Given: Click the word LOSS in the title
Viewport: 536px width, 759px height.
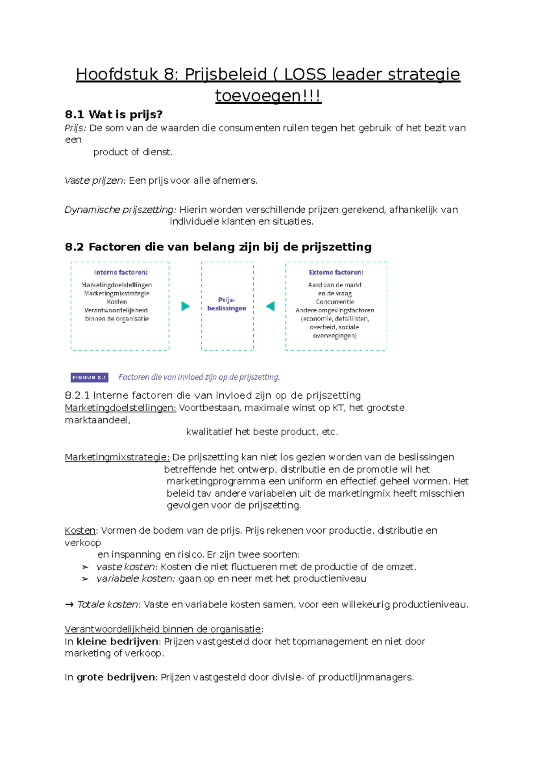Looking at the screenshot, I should [305, 74].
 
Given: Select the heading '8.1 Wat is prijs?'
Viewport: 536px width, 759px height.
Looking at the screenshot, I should [113, 114].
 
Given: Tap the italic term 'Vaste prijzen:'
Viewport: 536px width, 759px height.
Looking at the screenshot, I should [96, 181].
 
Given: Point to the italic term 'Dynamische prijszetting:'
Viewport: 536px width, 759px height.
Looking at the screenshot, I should [121, 210].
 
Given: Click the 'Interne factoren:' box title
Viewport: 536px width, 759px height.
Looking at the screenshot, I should [121, 272].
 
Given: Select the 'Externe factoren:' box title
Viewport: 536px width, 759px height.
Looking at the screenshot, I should [336, 272].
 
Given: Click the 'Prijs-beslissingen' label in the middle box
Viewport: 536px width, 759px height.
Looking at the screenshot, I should [227, 304].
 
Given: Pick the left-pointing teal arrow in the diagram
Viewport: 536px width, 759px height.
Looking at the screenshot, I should [270, 306].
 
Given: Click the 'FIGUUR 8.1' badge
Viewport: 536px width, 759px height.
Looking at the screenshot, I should [89, 377].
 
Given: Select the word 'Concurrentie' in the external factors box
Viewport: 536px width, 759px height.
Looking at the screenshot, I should [335, 302].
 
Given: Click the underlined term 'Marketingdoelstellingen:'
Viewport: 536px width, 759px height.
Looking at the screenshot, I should [121, 408].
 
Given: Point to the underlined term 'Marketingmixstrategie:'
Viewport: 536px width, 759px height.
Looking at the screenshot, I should [117, 457].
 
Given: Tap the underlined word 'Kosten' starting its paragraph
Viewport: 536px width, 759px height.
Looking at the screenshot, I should [80, 531].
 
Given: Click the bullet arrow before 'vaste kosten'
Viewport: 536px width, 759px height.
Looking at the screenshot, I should [85, 567].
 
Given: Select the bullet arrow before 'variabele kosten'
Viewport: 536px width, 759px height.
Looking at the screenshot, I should [85, 579].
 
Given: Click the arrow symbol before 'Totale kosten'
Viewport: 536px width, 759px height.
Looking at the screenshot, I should [69, 604].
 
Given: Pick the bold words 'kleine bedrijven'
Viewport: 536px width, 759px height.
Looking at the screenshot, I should [117, 641].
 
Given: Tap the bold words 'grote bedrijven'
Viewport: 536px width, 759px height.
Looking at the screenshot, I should [116, 677].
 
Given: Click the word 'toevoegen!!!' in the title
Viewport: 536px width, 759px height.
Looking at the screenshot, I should [268, 96].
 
